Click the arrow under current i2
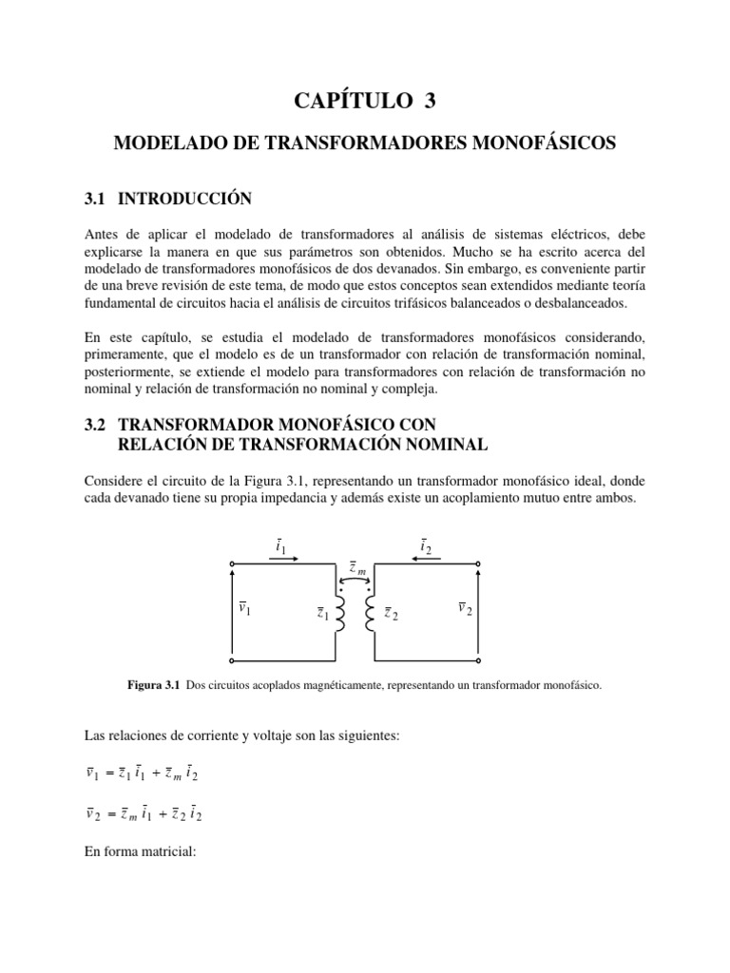point(425,559)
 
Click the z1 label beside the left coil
point(324,613)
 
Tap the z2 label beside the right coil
point(391,613)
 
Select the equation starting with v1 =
point(143,773)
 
